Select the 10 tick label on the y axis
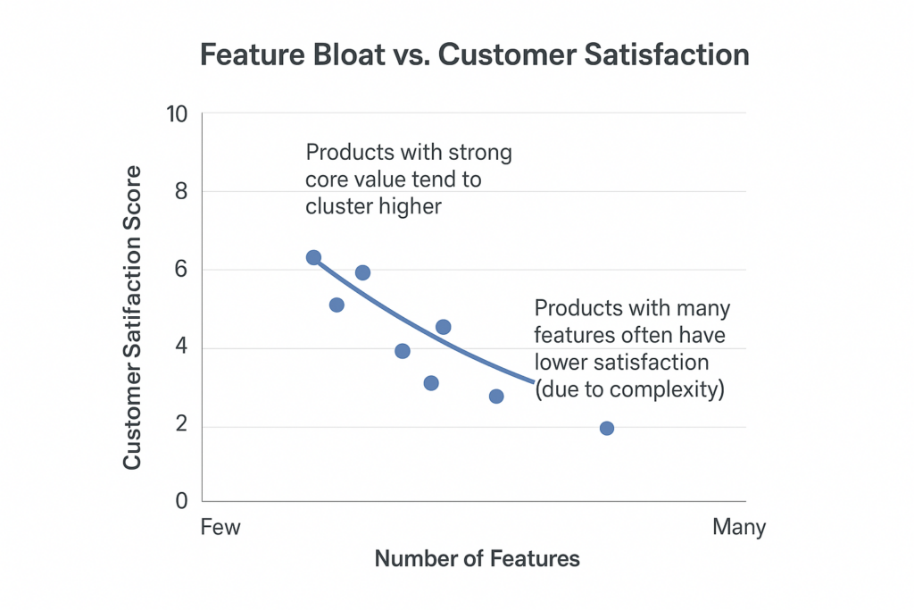pyautogui.click(x=177, y=114)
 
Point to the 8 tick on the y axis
pyautogui.click(x=182, y=192)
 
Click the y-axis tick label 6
pyautogui.click(x=182, y=270)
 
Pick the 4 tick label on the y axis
pyautogui.click(x=182, y=348)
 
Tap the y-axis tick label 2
pyautogui.click(x=182, y=426)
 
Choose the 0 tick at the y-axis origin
pyautogui.click(x=182, y=502)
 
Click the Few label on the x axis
pyautogui.click(x=220, y=527)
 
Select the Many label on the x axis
pyautogui.click(x=739, y=527)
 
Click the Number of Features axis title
pyautogui.click(x=477, y=559)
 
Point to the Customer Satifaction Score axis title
pyautogui.click(x=132, y=317)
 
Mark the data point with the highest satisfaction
pyautogui.click(x=313, y=258)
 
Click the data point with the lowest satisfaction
pyautogui.click(x=607, y=429)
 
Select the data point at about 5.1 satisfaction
pyautogui.click(x=337, y=305)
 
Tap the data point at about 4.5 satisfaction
pyautogui.click(x=444, y=327)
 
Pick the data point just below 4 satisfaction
pyautogui.click(x=403, y=351)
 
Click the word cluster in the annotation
pyautogui.click(x=337, y=205)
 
